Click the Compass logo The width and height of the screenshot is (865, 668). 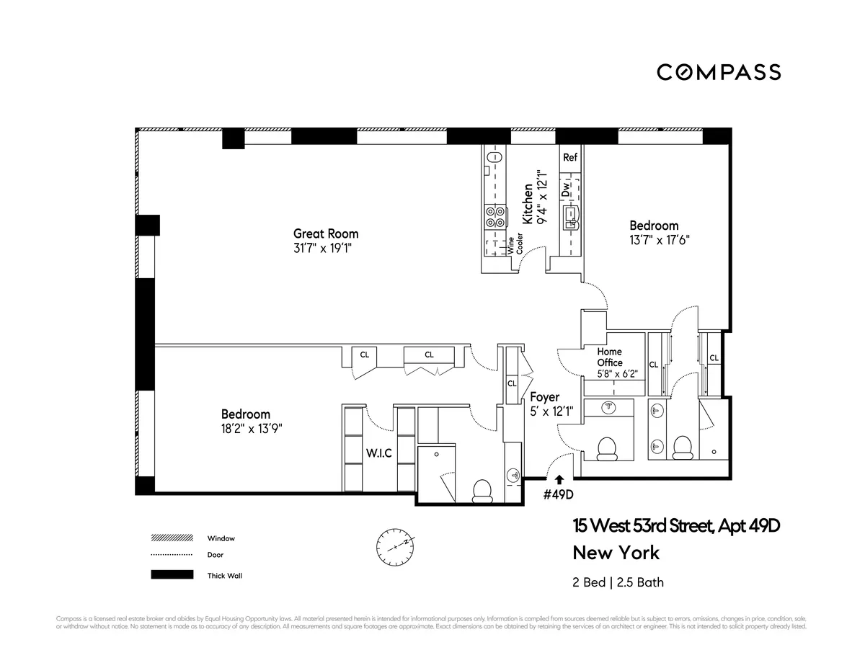[718, 72]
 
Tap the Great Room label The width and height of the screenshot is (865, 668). [325, 233]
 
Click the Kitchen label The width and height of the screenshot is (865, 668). [528, 203]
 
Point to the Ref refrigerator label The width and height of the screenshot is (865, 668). [569, 157]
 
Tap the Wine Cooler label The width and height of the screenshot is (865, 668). [515, 246]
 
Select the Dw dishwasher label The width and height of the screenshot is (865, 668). [567, 189]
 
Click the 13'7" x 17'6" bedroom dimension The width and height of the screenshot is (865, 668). [654, 241]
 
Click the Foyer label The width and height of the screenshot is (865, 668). [544, 397]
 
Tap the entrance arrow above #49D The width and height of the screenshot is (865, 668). [559, 479]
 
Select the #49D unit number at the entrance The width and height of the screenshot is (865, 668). [558, 495]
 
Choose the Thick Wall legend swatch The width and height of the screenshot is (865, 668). [172, 575]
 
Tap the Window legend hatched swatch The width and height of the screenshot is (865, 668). [172, 538]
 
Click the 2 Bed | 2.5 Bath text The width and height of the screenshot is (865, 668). [618, 582]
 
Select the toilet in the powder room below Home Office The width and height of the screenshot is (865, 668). [608, 447]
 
